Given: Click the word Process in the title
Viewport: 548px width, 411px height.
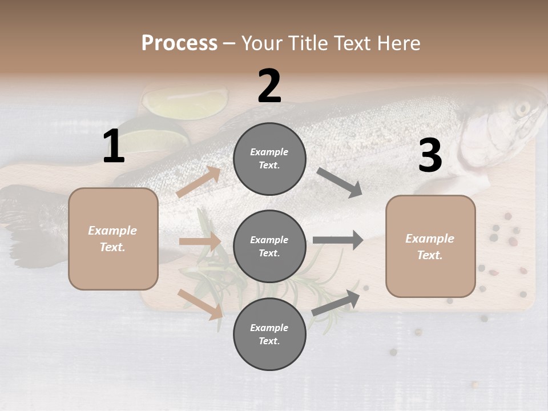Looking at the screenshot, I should point(179,43).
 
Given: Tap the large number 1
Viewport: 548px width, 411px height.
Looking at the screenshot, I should point(114,147).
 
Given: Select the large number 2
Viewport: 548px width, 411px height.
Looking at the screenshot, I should point(269,86).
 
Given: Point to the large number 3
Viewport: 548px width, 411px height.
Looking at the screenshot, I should point(430,155).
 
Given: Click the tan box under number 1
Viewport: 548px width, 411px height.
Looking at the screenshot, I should point(113,239).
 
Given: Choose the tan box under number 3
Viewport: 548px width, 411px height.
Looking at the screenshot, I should point(430,247).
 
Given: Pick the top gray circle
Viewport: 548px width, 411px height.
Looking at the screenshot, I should point(269,159).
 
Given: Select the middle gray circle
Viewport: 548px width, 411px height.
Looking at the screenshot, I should point(269,247).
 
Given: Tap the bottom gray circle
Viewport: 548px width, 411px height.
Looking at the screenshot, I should point(269,335).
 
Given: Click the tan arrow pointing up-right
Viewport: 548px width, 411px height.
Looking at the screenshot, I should point(199,182).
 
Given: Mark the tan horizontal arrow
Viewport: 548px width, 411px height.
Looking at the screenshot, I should point(200,241).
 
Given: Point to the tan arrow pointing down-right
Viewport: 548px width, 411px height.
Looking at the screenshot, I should point(200,304).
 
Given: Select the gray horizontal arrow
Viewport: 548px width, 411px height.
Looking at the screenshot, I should point(337,240).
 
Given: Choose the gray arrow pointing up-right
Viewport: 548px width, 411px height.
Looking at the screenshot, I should point(336,303).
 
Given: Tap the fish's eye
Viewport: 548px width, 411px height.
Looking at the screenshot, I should point(522,108).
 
